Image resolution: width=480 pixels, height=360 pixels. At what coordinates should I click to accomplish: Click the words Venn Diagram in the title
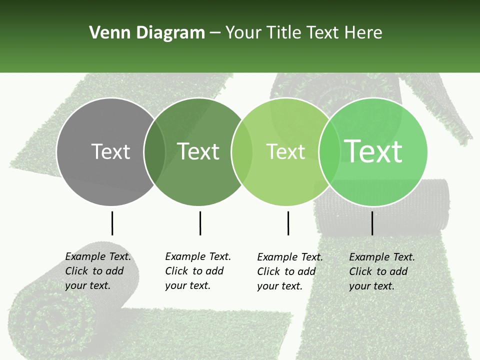pos(146,33)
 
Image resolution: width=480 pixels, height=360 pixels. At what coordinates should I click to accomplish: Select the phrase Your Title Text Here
pos(303,33)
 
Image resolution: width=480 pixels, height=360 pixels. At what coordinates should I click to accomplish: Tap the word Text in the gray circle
pos(110,151)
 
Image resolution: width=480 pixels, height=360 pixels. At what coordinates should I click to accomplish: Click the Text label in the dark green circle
pos(198,151)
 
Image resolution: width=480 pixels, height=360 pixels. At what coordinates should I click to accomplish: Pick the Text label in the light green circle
pos(285,151)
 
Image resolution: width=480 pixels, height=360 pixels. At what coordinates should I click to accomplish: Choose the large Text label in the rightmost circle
pos(373,151)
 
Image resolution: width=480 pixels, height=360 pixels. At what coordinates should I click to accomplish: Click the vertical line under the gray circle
pos(112,223)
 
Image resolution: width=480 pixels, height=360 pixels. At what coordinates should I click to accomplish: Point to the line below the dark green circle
pos(200,223)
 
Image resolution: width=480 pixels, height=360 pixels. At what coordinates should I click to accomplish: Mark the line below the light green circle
pos(288,223)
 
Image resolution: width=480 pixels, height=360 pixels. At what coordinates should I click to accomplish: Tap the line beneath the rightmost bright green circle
pos(372,223)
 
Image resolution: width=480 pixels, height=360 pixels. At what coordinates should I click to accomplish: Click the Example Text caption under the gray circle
pos(98,271)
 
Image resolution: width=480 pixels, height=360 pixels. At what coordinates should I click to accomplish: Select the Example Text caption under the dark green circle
pos(198,271)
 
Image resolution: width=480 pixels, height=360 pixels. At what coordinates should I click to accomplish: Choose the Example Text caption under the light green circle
pos(290,271)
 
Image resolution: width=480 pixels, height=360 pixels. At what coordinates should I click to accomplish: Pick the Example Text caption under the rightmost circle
pos(382,271)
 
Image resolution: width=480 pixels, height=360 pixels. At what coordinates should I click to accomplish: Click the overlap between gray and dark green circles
pos(154,151)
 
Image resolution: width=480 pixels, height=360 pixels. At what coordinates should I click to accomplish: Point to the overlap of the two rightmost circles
pos(329,151)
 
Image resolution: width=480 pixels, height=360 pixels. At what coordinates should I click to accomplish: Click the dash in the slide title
pos(215,33)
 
